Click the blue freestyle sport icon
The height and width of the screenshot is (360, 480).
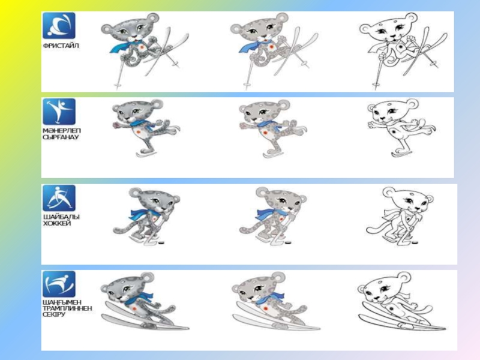tap(59, 26)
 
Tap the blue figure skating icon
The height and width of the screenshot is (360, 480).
tap(59, 112)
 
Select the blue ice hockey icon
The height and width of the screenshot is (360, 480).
tap(59, 198)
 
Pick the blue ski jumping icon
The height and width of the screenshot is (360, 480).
tap(59, 284)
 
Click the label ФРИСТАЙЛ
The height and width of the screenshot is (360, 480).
tap(61, 46)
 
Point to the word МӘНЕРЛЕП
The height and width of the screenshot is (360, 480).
tap(62, 131)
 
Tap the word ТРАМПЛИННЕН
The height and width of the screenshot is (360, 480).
tap(67, 308)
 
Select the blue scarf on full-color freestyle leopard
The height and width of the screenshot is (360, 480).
tap(124, 46)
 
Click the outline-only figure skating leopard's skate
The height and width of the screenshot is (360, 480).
tap(400, 153)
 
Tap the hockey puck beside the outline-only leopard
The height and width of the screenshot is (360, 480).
tap(416, 243)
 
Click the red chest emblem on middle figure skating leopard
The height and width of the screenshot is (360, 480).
tap(265, 133)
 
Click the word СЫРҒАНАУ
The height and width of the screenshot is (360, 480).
tap(61, 137)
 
